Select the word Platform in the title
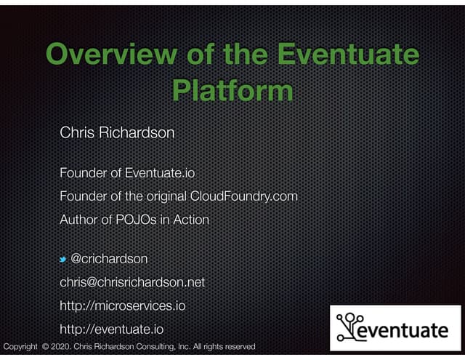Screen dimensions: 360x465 (232, 91)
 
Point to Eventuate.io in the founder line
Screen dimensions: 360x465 (160, 173)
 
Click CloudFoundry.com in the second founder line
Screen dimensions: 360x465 (244, 196)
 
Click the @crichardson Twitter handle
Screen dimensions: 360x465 (110, 259)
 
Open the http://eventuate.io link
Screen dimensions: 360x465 (110, 329)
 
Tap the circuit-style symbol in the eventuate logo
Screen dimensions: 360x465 (352, 326)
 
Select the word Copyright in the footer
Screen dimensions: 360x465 (20, 347)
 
